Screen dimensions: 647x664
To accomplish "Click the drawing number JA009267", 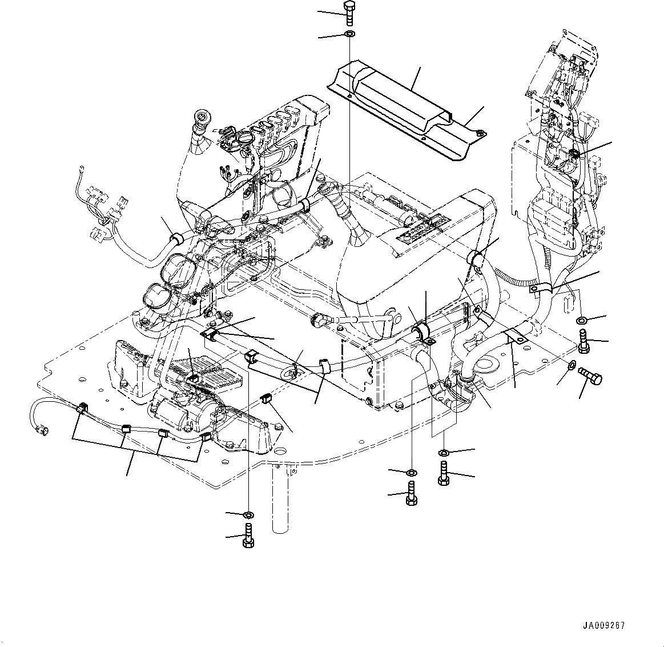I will [604, 625].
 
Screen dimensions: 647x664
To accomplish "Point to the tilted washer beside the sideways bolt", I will [572, 365].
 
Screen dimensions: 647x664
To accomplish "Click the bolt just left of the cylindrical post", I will [248, 537].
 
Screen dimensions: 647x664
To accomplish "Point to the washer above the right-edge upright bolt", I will [582, 319].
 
